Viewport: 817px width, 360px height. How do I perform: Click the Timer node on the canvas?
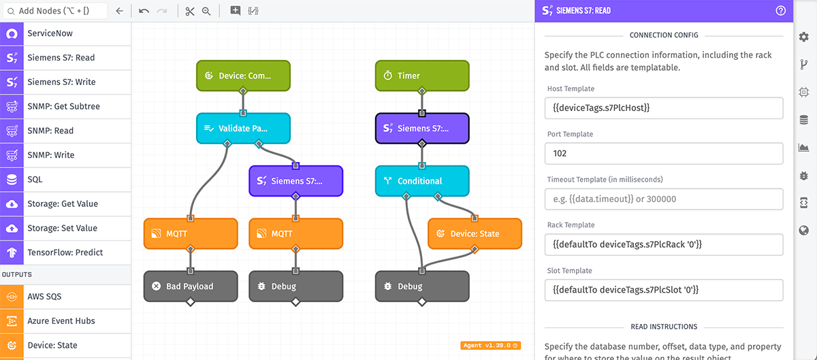pyautogui.click(x=422, y=76)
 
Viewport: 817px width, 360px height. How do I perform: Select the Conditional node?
pyautogui.click(x=422, y=181)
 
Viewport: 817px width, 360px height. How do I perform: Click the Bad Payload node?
pyautogui.click(x=191, y=287)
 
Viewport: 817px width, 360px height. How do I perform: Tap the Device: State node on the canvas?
pyautogui.click(x=475, y=233)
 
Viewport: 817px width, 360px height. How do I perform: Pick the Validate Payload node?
pyautogui.click(x=243, y=128)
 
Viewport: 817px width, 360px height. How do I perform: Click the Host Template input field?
pyautogui.click(x=664, y=108)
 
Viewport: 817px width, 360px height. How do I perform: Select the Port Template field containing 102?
pyautogui.click(x=664, y=153)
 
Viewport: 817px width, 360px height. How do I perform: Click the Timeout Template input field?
pyautogui.click(x=664, y=199)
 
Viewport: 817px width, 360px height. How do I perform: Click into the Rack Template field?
pyautogui.click(x=664, y=244)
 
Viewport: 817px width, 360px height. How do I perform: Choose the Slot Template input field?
pyautogui.click(x=664, y=290)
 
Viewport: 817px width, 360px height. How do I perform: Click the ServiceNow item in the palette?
pyautogui.click(x=65, y=33)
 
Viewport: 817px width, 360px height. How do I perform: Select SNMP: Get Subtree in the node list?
pyautogui.click(x=65, y=106)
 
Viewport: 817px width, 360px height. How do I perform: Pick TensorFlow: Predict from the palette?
pyautogui.click(x=65, y=252)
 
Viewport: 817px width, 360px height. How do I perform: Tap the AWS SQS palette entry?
pyautogui.click(x=65, y=297)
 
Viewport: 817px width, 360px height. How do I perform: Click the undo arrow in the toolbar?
pyautogui.click(x=144, y=11)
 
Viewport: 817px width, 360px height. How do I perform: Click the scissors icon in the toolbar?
pyautogui.click(x=190, y=11)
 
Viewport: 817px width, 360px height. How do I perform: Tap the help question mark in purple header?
pyautogui.click(x=781, y=11)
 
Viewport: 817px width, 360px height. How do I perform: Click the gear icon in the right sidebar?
pyautogui.click(x=804, y=37)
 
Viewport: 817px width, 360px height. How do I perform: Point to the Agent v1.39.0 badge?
pyautogui.click(x=490, y=345)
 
